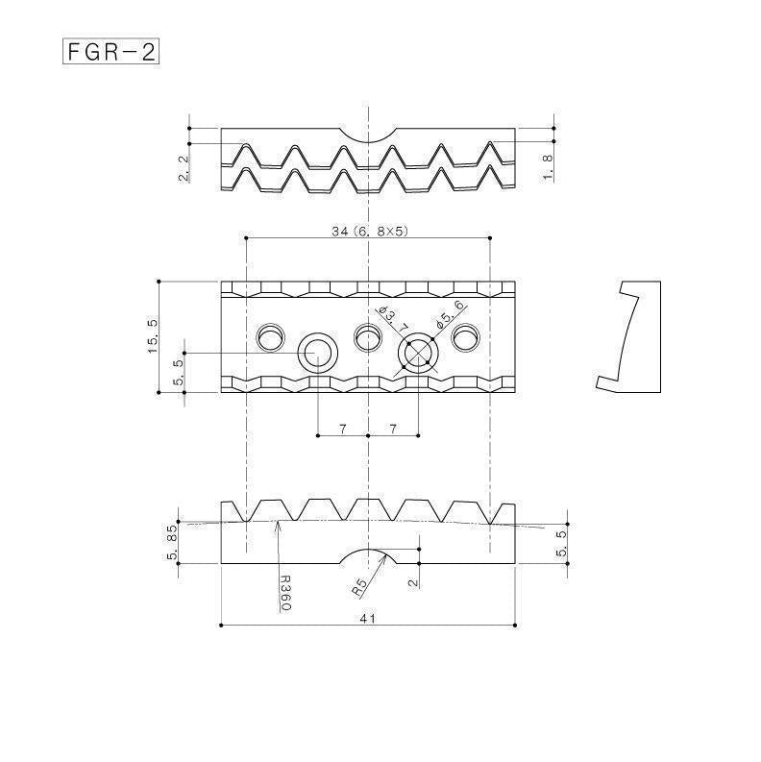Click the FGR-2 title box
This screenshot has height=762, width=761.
[110, 51]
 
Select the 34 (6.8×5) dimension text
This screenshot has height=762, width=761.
[370, 231]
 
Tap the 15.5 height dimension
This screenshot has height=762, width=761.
[153, 336]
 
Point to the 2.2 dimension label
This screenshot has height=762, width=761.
[184, 168]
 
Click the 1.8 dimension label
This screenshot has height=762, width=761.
[548, 167]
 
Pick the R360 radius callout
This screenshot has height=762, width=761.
[285, 593]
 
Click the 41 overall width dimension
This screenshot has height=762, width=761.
[368, 618]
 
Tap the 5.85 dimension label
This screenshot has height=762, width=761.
[173, 541]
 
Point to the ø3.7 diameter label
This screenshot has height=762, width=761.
[393, 319]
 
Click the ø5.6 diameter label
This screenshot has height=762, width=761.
[450, 314]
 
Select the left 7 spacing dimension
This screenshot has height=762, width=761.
[343, 429]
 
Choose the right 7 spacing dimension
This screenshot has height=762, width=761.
[393, 429]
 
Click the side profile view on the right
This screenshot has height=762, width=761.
[628, 336]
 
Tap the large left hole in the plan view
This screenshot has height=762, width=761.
[318, 353]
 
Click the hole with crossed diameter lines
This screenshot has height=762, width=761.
[418, 353]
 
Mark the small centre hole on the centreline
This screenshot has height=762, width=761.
[368, 336]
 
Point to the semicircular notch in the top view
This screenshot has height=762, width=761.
[368, 135]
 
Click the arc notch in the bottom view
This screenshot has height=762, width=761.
[368, 556]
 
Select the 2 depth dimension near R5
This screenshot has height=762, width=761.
[414, 582]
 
